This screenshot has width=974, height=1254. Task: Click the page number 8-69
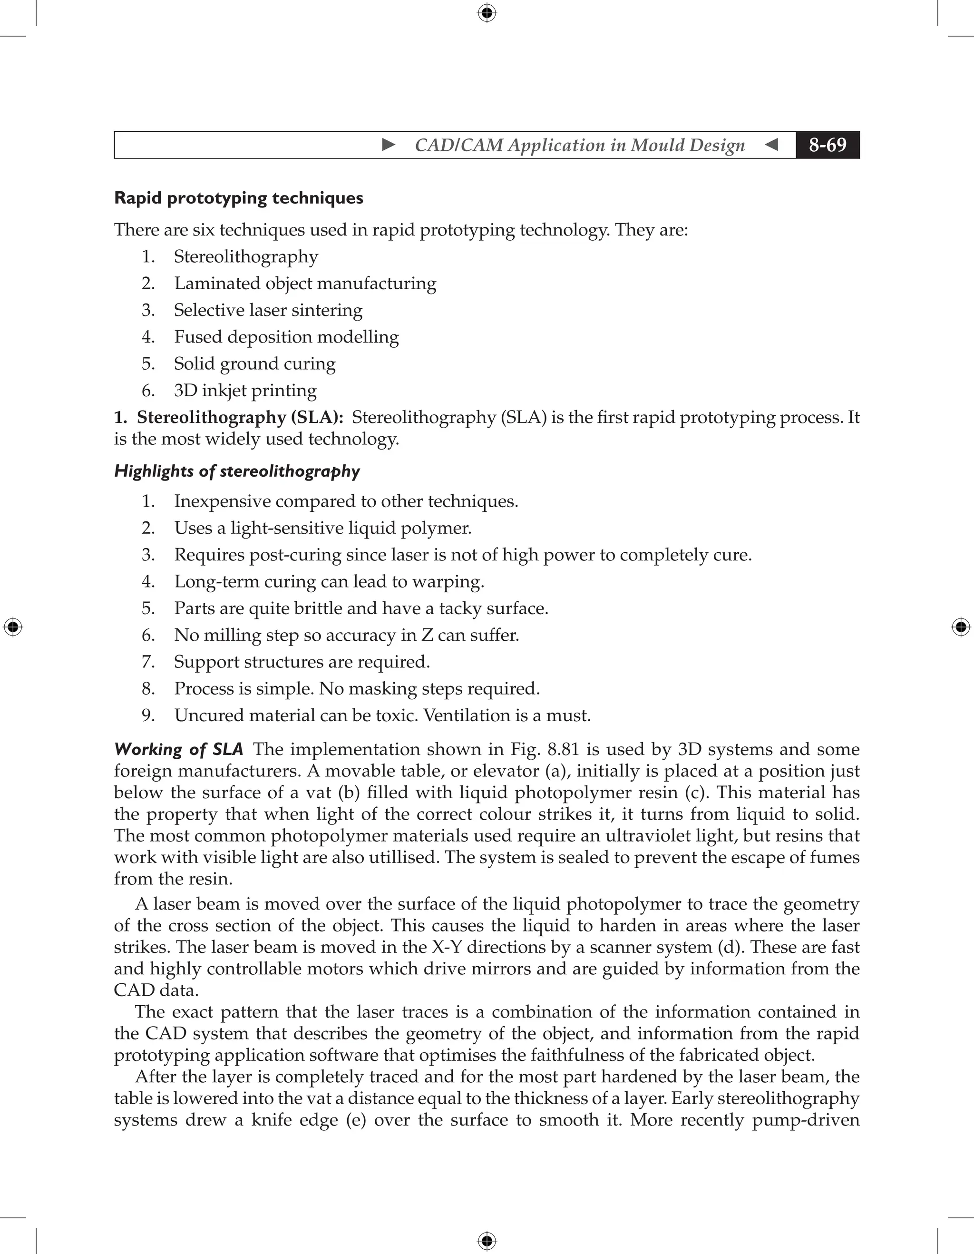click(827, 145)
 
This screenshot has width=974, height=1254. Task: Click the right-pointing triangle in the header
click(389, 145)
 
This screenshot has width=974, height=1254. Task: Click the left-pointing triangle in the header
click(772, 145)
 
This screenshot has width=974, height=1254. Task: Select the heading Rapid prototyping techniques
click(238, 198)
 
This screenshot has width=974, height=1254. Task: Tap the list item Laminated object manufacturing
click(305, 283)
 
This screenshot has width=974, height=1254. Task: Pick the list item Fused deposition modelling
click(286, 336)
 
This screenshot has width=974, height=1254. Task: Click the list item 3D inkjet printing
click(245, 391)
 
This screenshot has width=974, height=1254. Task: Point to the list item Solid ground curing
click(255, 363)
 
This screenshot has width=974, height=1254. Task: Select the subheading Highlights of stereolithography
click(236, 471)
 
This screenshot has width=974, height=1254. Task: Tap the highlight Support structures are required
click(302, 662)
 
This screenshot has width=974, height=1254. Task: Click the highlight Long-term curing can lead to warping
click(329, 582)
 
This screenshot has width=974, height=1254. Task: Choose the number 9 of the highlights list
click(148, 715)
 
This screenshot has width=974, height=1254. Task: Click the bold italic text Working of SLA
click(178, 749)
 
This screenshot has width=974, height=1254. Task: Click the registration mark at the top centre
click(487, 13)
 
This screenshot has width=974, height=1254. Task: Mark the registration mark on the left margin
click(13, 627)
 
